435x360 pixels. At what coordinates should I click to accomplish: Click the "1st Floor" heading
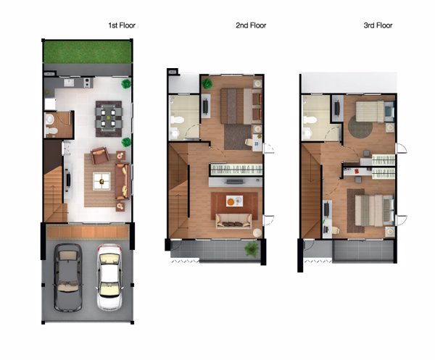[x=122, y=25]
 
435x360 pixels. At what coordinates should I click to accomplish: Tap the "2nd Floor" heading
[x=251, y=25]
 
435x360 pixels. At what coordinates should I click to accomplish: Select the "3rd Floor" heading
[x=378, y=25]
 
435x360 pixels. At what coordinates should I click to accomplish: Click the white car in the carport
[x=109, y=277]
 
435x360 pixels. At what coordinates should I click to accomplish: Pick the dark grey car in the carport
[x=67, y=277]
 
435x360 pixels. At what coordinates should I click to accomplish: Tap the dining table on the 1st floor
[x=109, y=118]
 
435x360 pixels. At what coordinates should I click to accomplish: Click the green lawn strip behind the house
[x=87, y=52]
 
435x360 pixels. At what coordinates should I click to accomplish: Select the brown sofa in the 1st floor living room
[x=123, y=181]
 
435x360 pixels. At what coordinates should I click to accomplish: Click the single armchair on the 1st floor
[x=100, y=155]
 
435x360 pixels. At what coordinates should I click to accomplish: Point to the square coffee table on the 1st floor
[x=101, y=181]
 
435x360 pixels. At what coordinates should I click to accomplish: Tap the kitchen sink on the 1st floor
[x=68, y=83]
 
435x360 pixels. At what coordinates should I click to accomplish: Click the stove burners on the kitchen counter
[x=88, y=83]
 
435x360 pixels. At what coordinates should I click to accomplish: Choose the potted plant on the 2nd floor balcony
[x=252, y=248]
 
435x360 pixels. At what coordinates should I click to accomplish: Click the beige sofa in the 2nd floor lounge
[x=234, y=221]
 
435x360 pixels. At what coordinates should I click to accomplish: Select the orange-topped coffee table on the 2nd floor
[x=234, y=201]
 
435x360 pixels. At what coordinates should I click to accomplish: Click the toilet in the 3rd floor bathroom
[x=309, y=120]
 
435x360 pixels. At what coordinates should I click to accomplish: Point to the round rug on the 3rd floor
[x=360, y=126]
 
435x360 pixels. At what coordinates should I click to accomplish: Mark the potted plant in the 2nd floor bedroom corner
[x=207, y=83]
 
